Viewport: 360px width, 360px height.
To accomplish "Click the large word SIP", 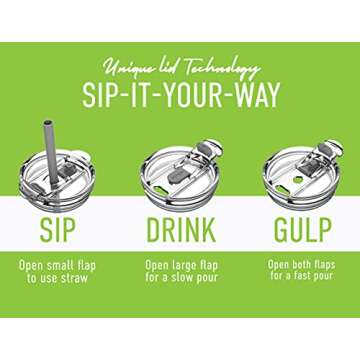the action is (x=58, y=230).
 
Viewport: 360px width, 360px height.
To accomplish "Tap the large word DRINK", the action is (x=181, y=230).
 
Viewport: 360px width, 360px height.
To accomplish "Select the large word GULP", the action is (x=303, y=230).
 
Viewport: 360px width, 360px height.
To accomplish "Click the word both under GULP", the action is (x=302, y=265).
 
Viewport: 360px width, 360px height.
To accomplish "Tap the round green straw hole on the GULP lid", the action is (x=298, y=179).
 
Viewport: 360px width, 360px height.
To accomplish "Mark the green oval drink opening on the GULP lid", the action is (x=282, y=191).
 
